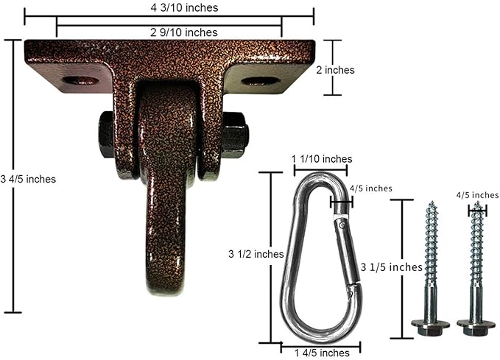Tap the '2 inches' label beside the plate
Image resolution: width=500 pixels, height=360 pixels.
tap(335, 70)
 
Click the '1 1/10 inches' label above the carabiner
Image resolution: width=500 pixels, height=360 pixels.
tap(322, 158)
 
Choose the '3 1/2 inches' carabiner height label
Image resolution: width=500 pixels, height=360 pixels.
tap(256, 254)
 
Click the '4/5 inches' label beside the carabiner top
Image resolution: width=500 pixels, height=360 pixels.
tap(370, 188)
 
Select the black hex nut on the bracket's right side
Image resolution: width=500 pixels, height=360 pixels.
tap(235, 133)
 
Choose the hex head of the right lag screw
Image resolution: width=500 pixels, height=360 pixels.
tap(475, 325)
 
